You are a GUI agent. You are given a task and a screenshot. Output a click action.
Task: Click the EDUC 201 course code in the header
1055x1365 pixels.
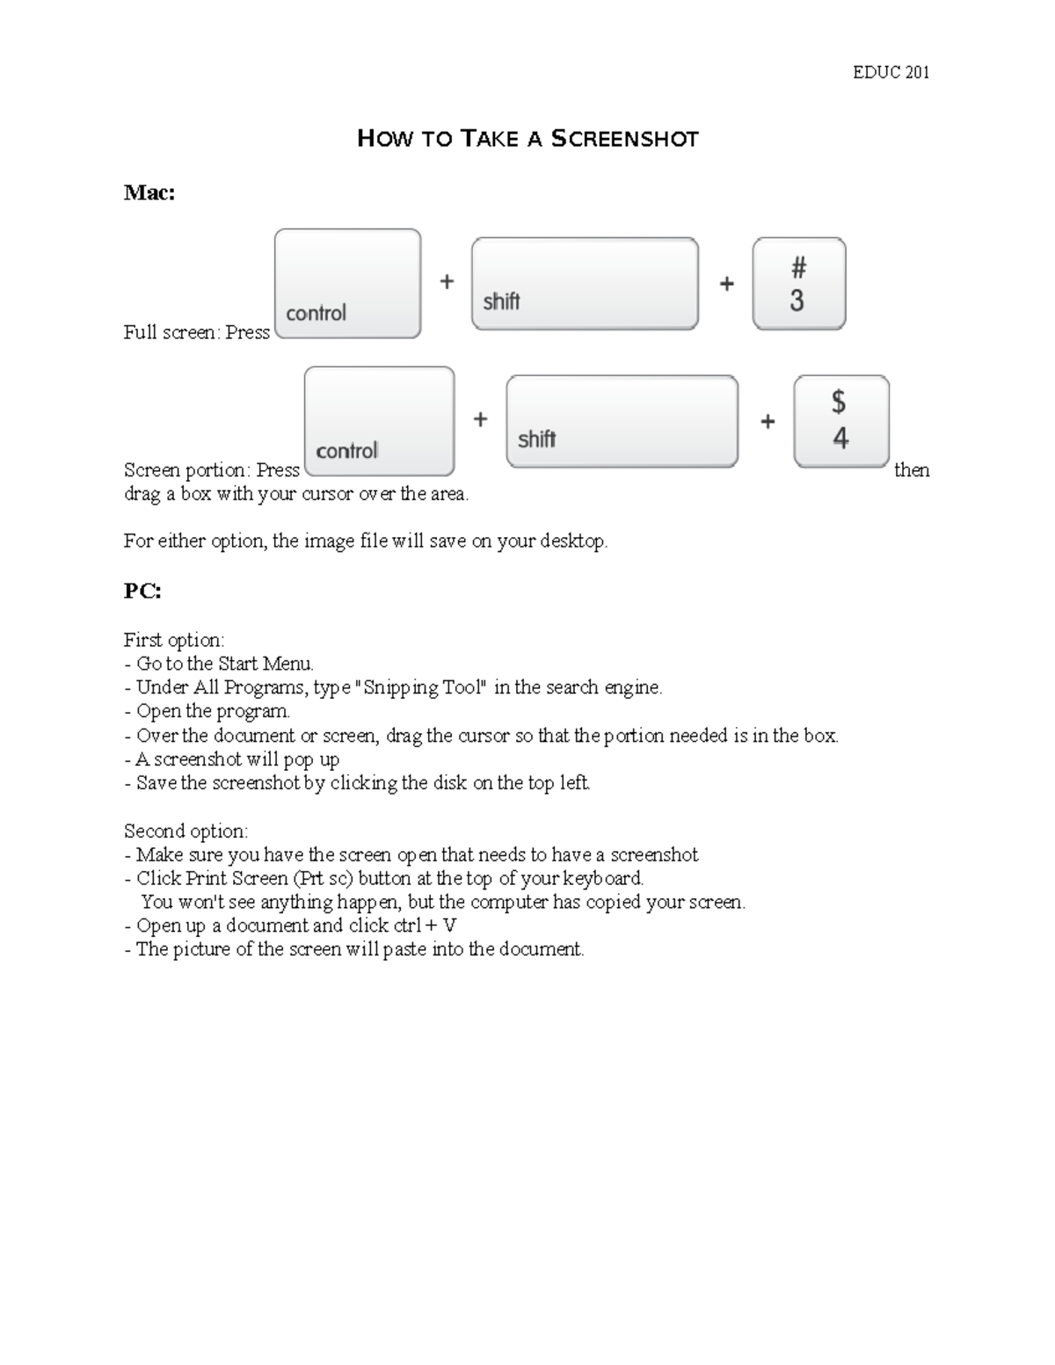pyautogui.click(x=891, y=73)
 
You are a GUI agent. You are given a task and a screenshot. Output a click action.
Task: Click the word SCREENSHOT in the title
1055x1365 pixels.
pyautogui.click(x=624, y=139)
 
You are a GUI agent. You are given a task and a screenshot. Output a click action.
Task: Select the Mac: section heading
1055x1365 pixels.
pyautogui.click(x=149, y=192)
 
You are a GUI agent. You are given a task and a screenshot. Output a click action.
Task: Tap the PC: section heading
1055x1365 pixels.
pyautogui.click(x=142, y=592)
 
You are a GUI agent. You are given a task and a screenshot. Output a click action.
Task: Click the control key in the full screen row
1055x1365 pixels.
pyautogui.click(x=347, y=284)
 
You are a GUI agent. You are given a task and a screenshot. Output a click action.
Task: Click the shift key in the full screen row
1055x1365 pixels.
pyautogui.click(x=585, y=284)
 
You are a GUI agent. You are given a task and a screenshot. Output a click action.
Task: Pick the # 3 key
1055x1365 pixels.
pyautogui.click(x=798, y=284)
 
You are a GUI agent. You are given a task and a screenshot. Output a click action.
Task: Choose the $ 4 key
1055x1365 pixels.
pyautogui.click(x=840, y=421)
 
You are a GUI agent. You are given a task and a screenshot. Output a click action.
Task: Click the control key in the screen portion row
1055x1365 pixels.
pyautogui.click(x=379, y=422)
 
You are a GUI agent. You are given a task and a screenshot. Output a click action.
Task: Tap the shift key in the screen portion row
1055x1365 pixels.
pyautogui.click(x=622, y=422)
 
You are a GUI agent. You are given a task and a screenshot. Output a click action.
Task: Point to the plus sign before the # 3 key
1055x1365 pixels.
pyautogui.click(x=727, y=284)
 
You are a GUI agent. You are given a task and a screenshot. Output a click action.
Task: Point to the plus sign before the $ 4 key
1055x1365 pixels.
pyautogui.click(x=768, y=422)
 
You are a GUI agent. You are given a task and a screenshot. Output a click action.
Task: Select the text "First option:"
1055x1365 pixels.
pyautogui.click(x=174, y=640)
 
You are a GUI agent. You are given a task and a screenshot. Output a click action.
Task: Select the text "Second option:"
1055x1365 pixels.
pyautogui.click(x=186, y=831)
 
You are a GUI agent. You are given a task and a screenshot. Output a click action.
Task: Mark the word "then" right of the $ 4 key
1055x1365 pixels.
pyautogui.click(x=912, y=470)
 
